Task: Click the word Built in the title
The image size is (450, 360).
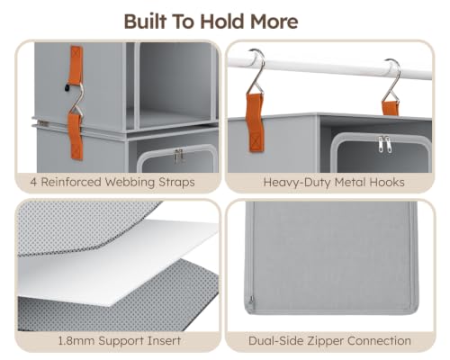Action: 146,22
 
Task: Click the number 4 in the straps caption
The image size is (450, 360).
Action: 34,182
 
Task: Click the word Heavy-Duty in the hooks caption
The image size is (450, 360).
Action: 297,183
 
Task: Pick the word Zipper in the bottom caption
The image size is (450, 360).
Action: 326,341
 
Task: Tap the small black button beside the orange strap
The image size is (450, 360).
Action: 67,88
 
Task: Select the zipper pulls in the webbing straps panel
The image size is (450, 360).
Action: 178,156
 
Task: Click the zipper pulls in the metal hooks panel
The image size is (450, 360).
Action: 384,144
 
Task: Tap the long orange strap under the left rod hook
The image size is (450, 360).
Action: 255,122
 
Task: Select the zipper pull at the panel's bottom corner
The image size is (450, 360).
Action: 251,301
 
